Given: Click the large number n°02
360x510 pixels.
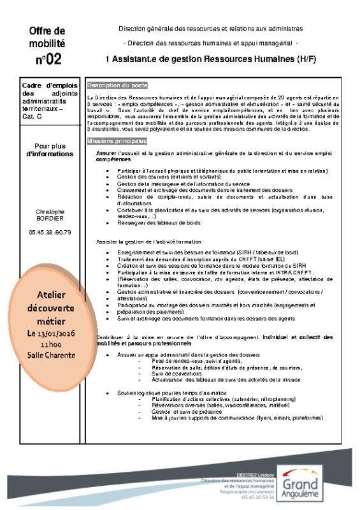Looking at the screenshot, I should pos(47,59).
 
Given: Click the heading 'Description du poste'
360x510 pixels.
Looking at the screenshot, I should pos(117,85).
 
